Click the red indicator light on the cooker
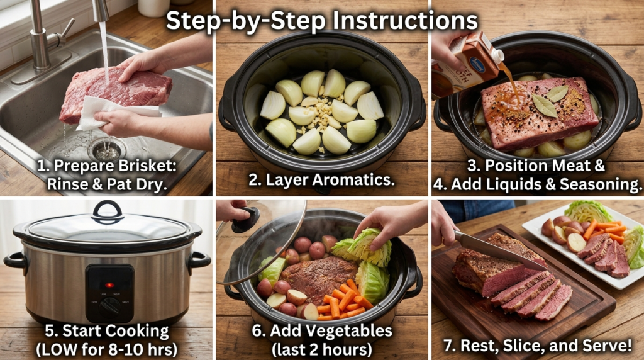pyautogui.click(x=109, y=285)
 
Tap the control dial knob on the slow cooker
pyautogui.click(x=109, y=307)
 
